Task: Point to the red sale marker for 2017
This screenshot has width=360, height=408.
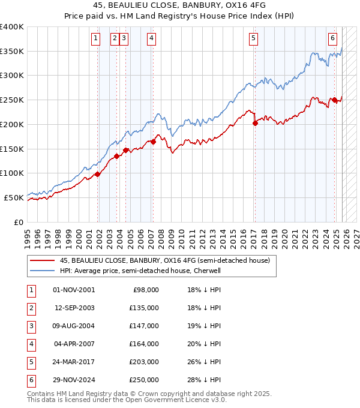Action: [x=255, y=123]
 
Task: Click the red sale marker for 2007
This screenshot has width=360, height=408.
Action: [x=153, y=142]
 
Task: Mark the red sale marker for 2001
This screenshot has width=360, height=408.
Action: [x=97, y=175]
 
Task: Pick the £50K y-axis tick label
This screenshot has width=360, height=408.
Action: [x=14, y=197]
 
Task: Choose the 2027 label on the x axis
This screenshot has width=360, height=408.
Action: [x=356, y=234]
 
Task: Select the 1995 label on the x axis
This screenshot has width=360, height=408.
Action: [x=28, y=234]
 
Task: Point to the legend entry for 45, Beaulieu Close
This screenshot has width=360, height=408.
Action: [x=165, y=260]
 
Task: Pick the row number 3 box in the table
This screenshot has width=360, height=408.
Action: [x=29, y=326]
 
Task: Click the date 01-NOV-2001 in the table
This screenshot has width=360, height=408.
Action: [x=73, y=290]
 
